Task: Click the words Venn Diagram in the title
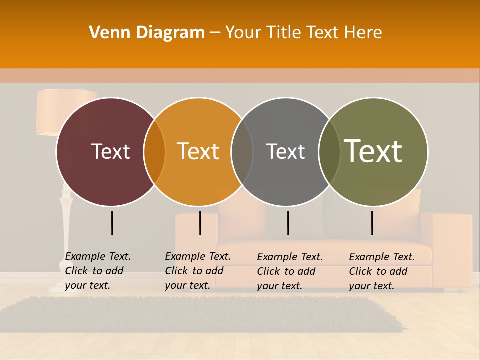(147, 33)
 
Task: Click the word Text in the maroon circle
(110, 151)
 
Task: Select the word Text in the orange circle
(198, 151)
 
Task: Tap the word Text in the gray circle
(285, 151)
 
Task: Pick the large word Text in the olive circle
(373, 151)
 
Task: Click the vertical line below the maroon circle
(112, 223)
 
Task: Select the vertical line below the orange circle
(200, 223)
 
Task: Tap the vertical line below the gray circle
(288, 223)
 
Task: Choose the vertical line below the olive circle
(372, 223)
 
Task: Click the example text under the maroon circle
(98, 271)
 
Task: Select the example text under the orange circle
(198, 271)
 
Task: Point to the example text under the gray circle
(290, 271)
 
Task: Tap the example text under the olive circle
(382, 271)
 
